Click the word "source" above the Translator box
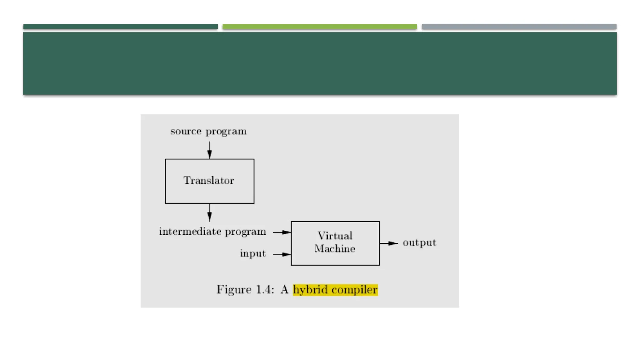pyautogui.click(x=186, y=131)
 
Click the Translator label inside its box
pyautogui.click(x=209, y=181)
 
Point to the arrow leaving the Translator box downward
pyautogui.click(x=209, y=213)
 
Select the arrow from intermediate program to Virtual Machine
pyautogui.click(x=282, y=232)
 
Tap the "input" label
pyautogui.click(x=253, y=254)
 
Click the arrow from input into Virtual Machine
pyautogui.click(x=282, y=254)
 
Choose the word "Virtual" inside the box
pyautogui.click(x=335, y=236)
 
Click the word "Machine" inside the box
pyautogui.click(x=335, y=249)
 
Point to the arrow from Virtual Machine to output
pyautogui.click(x=388, y=243)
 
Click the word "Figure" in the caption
pyautogui.click(x=234, y=290)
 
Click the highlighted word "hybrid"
pyautogui.click(x=310, y=290)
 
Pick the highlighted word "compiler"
pyautogui.click(x=354, y=290)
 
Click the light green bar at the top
pyautogui.click(x=320, y=27)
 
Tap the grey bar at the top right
pyautogui.click(x=519, y=27)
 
